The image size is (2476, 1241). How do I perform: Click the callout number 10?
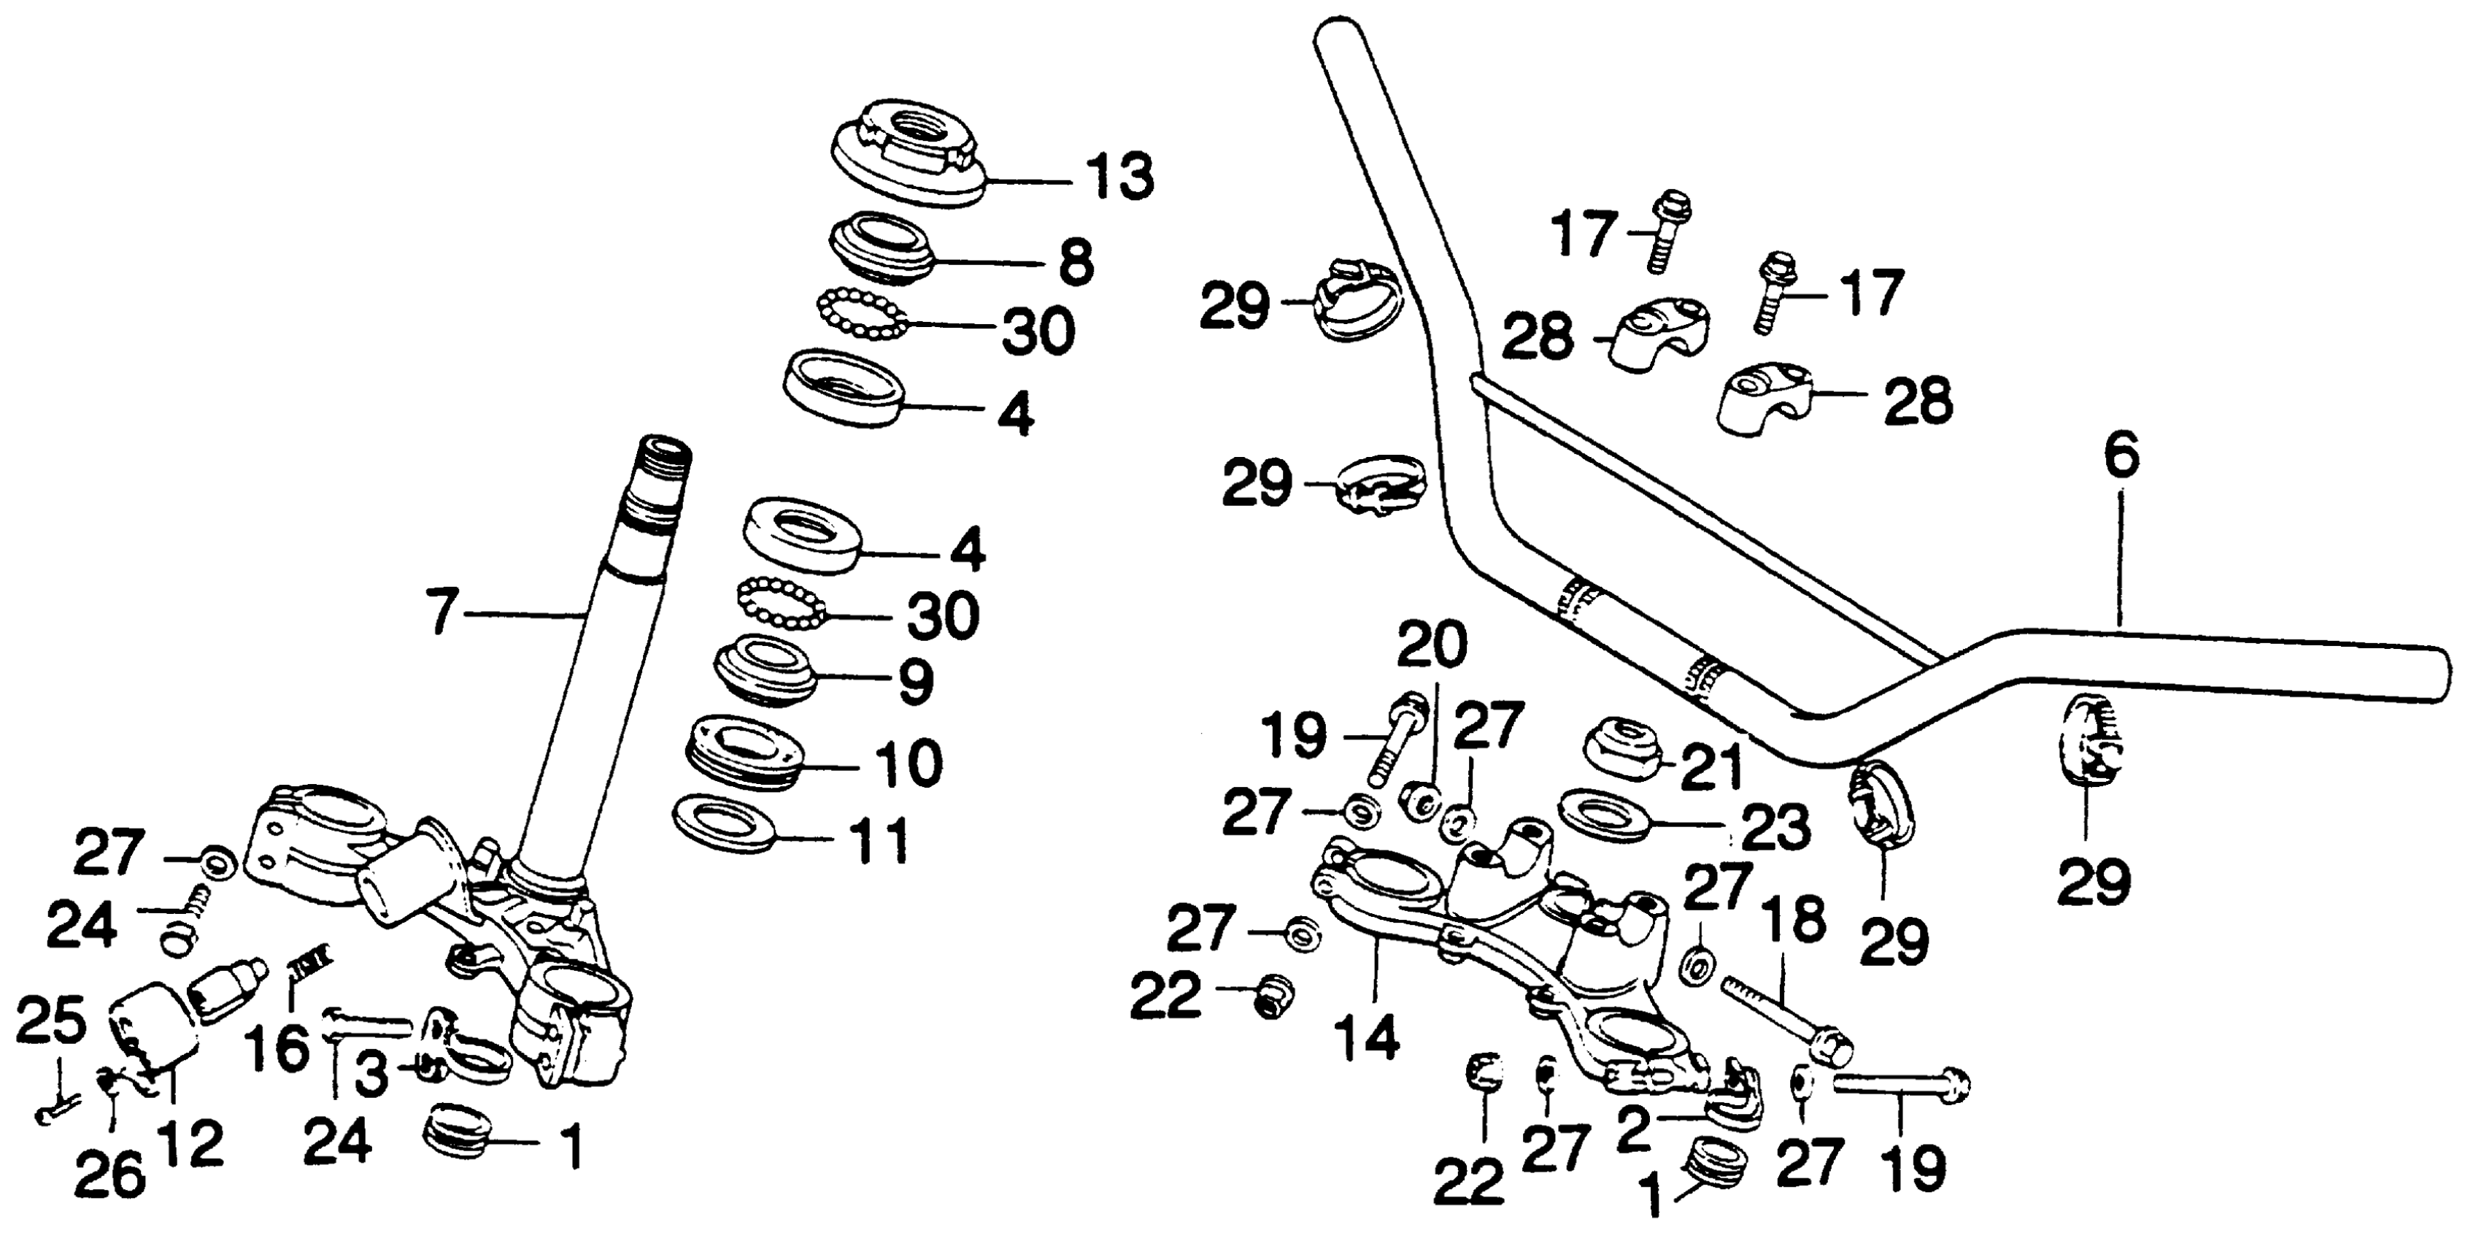pos(909,764)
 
